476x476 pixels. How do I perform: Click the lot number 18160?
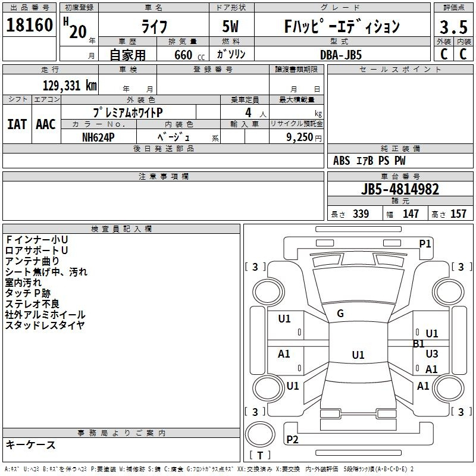pos(29,25)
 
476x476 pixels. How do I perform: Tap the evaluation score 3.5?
pos(453,27)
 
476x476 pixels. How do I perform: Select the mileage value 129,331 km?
pos(70,86)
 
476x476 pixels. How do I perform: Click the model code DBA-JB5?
pos(341,55)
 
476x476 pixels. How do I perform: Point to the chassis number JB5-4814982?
pos(400,189)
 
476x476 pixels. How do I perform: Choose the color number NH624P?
pos(98,137)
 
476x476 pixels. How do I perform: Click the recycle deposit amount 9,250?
pos(300,137)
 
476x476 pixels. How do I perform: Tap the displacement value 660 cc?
pos(189,55)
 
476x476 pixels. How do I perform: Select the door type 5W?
pos(230,26)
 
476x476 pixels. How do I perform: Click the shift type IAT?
pos(17,124)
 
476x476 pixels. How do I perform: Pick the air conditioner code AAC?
pos(46,124)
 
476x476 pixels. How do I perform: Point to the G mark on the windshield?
pos(340,314)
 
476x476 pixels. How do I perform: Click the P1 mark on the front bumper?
pos(425,244)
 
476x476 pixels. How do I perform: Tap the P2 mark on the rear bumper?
pos(292,439)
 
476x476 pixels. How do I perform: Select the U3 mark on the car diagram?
pos(432,353)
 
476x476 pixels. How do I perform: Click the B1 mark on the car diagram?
pos(419,344)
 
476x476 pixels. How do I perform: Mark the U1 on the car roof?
pos(358,355)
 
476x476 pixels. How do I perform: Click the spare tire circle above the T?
pos(260,434)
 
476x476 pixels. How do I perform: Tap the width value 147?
pos(411,214)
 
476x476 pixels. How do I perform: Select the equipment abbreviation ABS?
pos(342,161)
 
